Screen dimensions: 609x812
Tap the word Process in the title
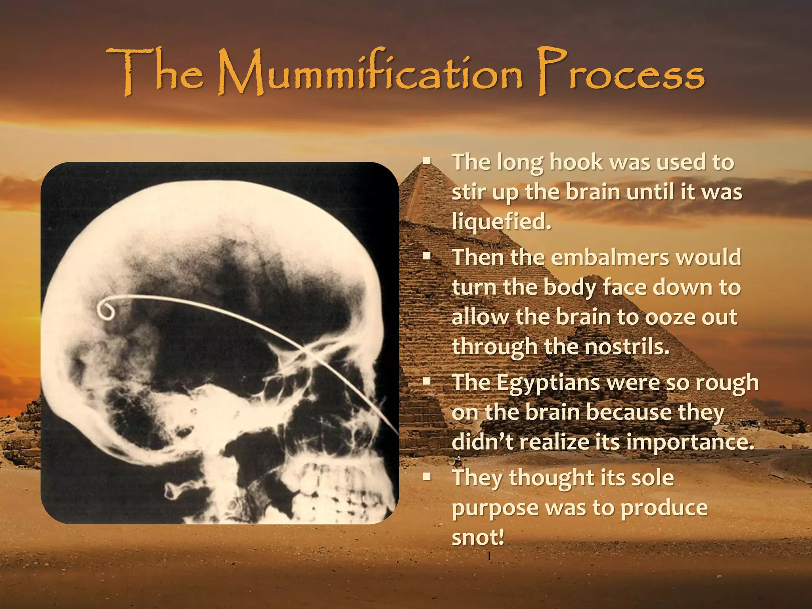tap(620, 73)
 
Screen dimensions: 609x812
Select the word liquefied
tap(501, 222)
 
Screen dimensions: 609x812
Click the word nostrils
tap(626, 347)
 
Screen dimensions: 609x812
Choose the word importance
tap(689, 441)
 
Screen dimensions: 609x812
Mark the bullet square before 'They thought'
tap(427, 477)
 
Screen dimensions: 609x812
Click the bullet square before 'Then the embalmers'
tap(427, 257)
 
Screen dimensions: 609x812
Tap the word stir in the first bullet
tap(468, 193)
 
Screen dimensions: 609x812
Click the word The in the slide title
tap(155, 73)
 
